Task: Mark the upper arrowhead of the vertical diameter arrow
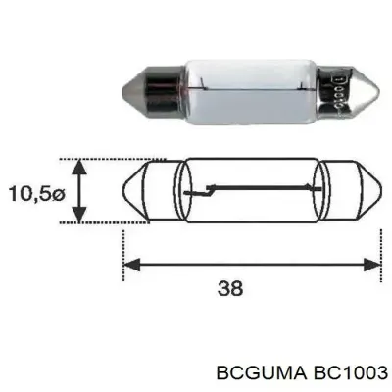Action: click(x=82, y=164)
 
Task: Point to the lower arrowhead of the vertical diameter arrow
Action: click(x=82, y=217)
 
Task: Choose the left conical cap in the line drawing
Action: click(x=142, y=190)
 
